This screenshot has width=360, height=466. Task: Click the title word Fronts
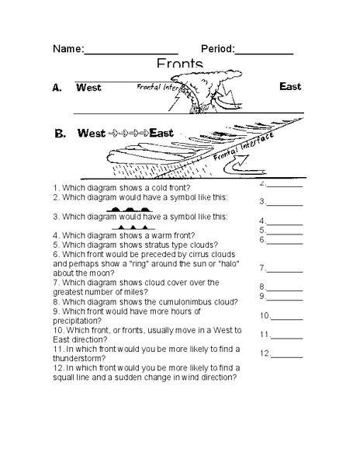[x=179, y=63]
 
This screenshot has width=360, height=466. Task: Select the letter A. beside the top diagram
[x=57, y=89]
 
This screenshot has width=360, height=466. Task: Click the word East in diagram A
[x=290, y=87]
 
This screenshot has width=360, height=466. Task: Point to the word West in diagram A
[x=88, y=89]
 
